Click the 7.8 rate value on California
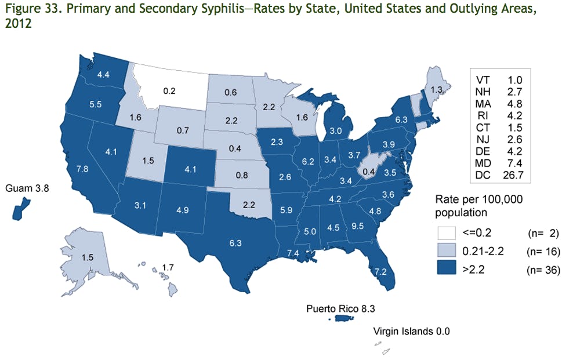tap(82, 169)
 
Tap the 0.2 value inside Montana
tap(154, 90)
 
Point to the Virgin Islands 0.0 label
tap(412, 332)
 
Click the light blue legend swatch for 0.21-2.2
tap(447, 252)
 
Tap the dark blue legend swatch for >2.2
tap(447, 270)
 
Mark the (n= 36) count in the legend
tap(543, 270)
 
